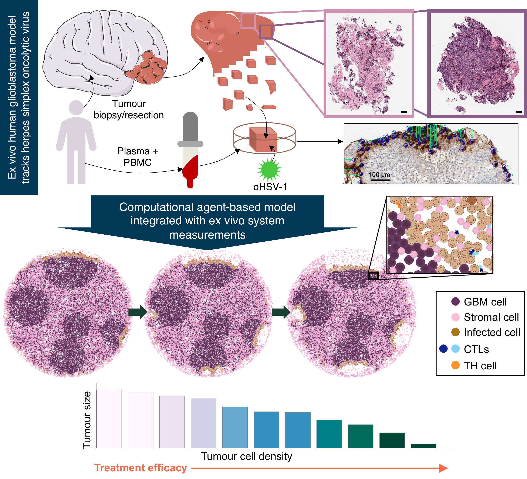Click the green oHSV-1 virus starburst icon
[269, 169]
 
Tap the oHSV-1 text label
[270, 187]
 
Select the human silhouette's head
[76, 108]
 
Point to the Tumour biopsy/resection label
[129, 109]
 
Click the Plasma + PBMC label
[138, 157]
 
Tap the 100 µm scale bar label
[379, 175]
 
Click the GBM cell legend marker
[455, 301]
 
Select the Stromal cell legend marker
[455, 317]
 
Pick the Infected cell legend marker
[455, 332]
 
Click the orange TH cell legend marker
[455, 365]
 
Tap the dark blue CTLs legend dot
[443, 349]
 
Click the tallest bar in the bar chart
[109, 419]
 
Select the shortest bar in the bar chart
[423, 446]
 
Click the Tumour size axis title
[87, 420]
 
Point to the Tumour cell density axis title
[247, 456]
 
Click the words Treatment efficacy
[141, 468]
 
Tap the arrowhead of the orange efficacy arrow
[443, 468]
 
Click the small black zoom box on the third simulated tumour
[373, 276]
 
